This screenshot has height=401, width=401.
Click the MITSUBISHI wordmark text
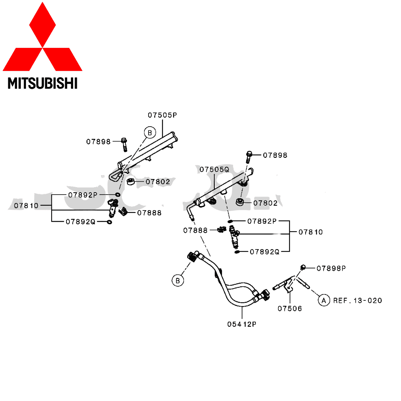tap(43, 83)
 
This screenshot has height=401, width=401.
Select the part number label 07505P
tap(163, 115)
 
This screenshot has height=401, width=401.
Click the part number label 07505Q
tap(215, 170)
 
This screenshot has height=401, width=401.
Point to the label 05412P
tap(242, 324)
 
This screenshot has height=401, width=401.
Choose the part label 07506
tap(290, 308)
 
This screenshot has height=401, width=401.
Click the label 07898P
tap(331, 268)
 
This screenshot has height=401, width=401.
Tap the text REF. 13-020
tap(358, 300)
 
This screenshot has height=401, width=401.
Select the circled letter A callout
tap(324, 300)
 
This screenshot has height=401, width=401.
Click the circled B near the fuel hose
tap(178, 281)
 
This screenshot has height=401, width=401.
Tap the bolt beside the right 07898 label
tap(249, 156)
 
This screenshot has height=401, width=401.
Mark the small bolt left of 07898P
tap(303, 267)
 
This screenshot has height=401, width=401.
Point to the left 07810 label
tap(26, 205)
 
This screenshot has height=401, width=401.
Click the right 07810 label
tap(311, 232)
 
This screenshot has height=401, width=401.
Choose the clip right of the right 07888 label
tap(222, 230)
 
